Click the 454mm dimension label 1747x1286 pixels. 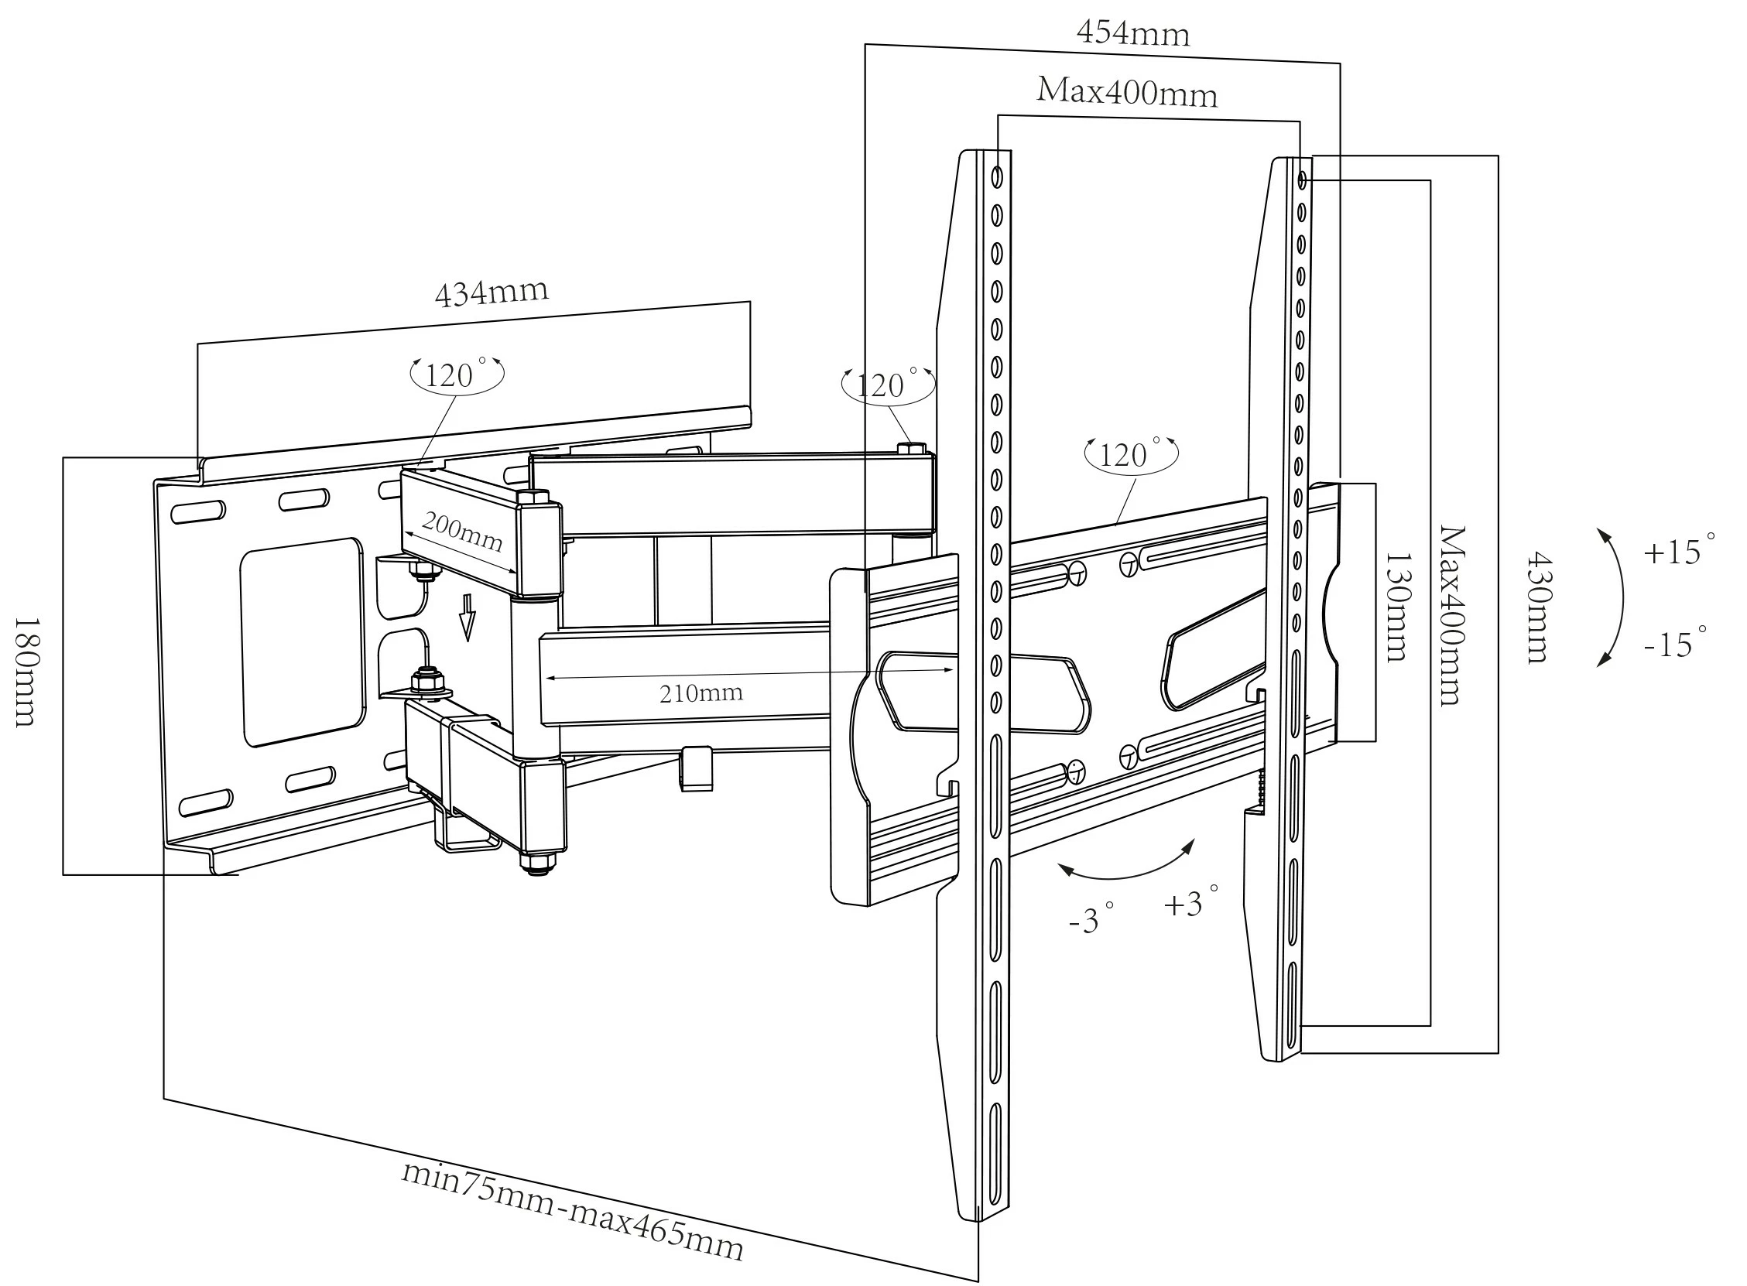(x=1132, y=33)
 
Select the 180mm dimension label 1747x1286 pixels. (x=25, y=672)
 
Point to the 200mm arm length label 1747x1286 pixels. (x=461, y=532)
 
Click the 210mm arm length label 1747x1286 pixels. (x=701, y=693)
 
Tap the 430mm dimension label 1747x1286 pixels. (x=1537, y=607)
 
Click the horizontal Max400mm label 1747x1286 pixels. (x=1126, y=93)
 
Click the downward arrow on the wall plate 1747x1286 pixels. (x=467, y=617)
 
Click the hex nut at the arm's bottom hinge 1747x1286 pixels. (x=536, y=863)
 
